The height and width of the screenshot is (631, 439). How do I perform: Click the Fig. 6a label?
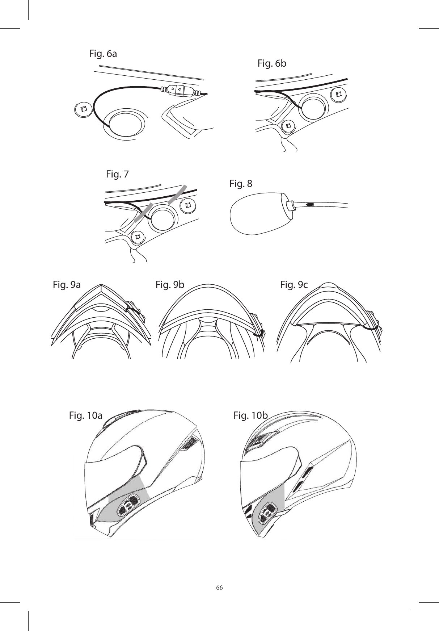coord(103,54)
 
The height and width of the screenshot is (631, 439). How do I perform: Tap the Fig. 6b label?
coord(272,64)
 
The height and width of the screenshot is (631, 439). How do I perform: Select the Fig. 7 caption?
coord(117,174)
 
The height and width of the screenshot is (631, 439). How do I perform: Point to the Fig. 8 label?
coord(241,184)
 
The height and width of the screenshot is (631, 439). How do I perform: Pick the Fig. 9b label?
coord(170,285)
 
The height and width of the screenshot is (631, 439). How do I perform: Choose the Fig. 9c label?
coord(294,285)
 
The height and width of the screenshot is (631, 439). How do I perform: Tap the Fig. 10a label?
coord(85,415)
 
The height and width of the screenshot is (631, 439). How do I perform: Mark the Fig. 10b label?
coord(250,415)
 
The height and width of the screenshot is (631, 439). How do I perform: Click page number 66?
coord(219,587)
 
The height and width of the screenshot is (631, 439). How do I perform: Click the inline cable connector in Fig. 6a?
coord(179,90)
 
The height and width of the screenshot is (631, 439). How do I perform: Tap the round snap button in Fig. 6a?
coord(83,109)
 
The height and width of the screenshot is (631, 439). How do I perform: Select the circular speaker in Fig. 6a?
coord(126,124)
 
